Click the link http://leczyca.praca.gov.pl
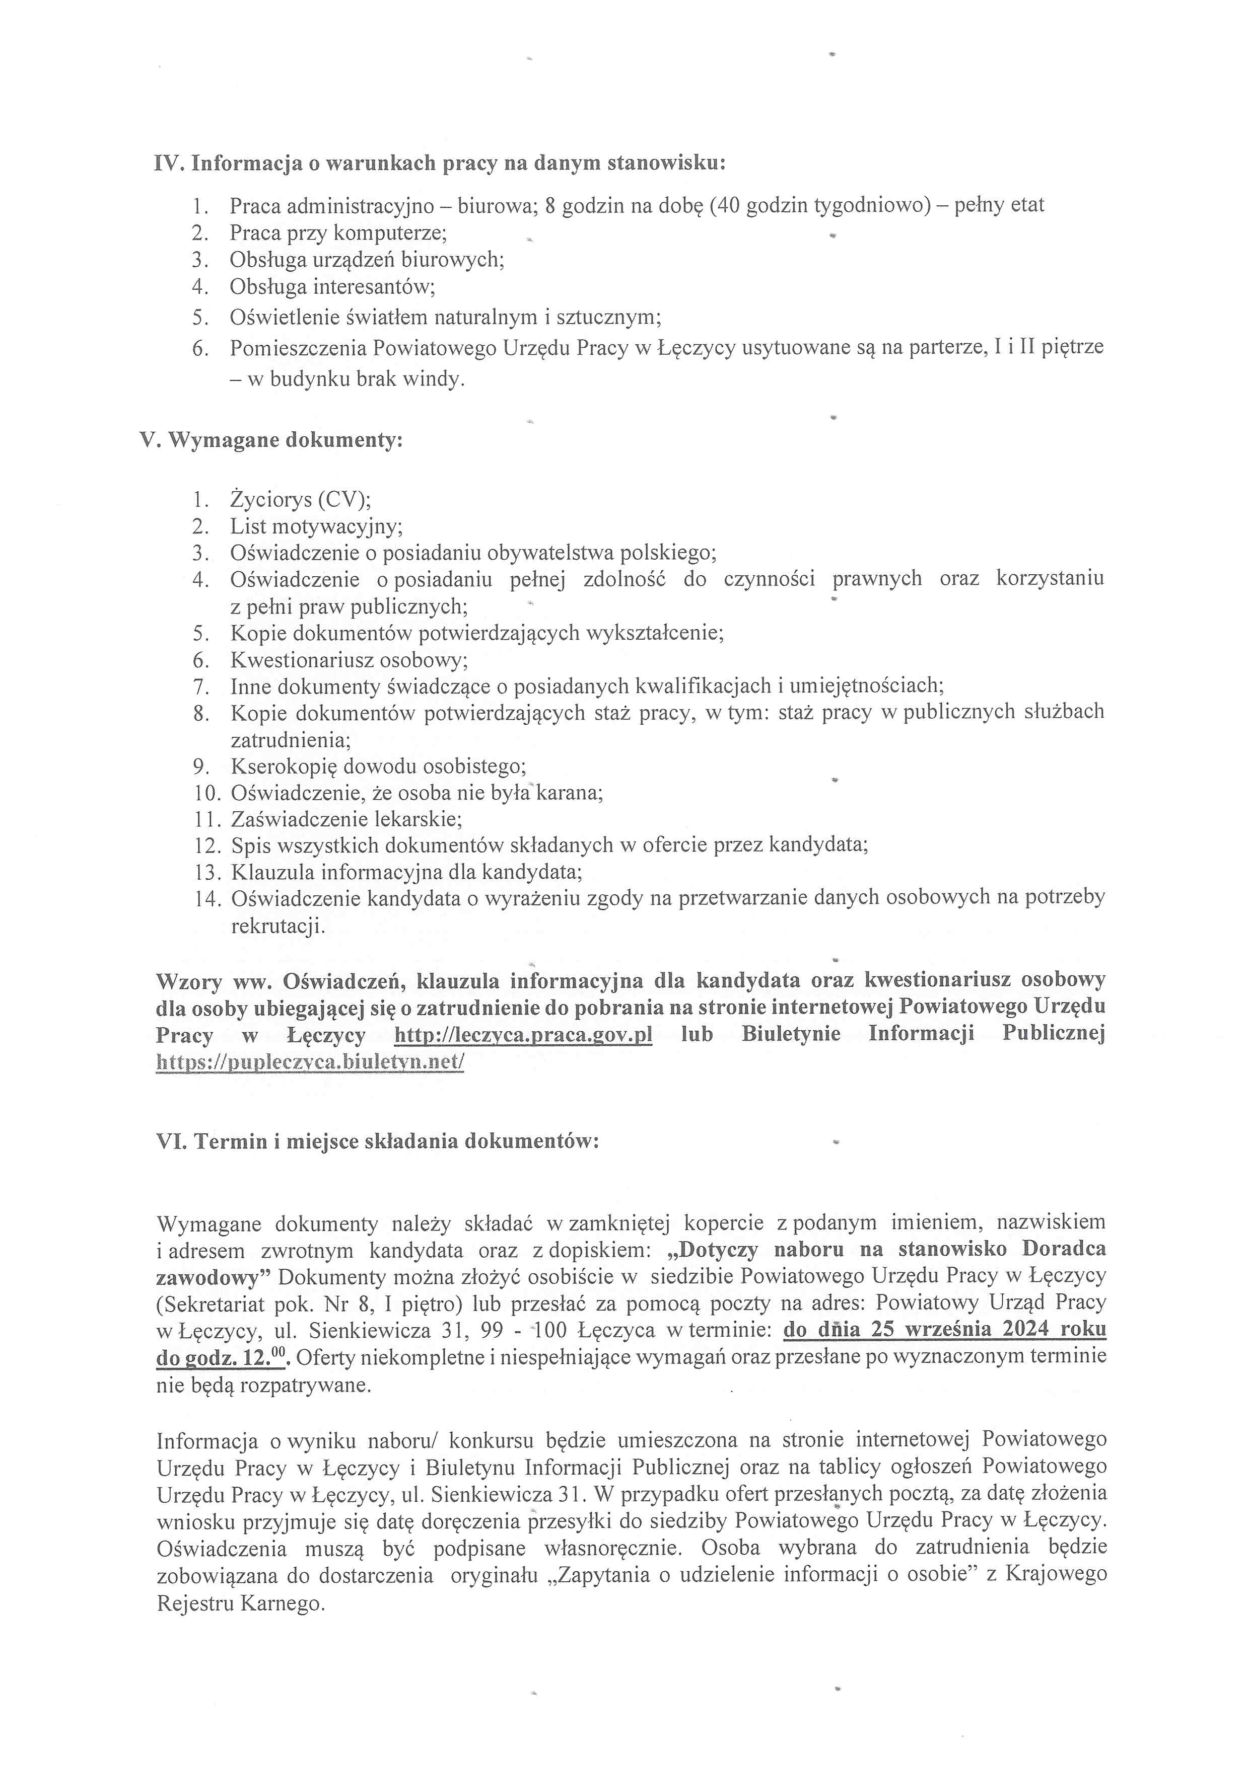coord(523,1035)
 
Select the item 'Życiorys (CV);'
coord(301,500)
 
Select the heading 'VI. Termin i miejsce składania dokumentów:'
coord(377,1141)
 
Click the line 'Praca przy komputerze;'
coord(338,232)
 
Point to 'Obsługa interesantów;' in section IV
coord(332,287)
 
